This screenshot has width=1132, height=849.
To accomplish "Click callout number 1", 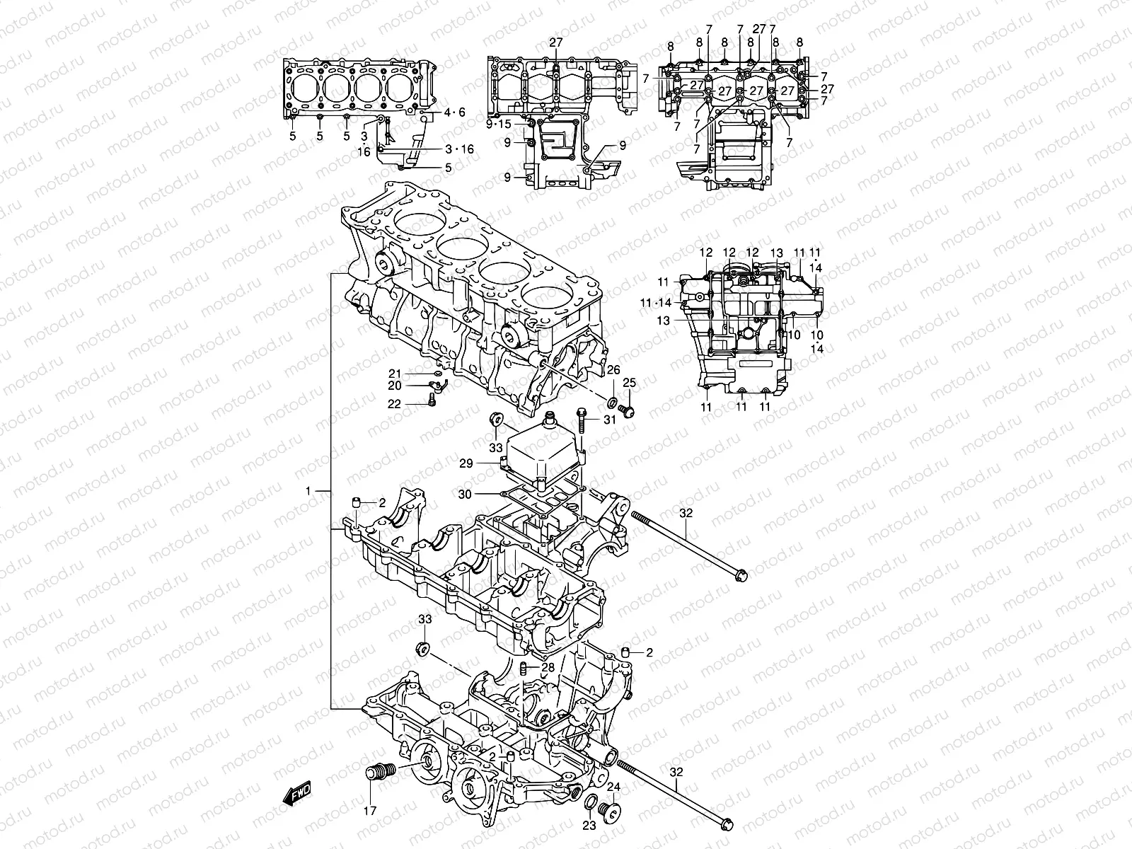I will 308,490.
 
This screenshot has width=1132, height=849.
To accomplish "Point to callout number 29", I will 485,463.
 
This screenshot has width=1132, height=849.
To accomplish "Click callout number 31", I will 610,420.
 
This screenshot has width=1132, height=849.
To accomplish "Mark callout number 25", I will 629,383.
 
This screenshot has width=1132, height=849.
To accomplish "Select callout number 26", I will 613,369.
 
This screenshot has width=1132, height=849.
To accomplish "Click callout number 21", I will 395,374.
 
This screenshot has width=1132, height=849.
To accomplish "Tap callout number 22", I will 395,404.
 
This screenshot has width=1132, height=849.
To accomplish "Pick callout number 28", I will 548,668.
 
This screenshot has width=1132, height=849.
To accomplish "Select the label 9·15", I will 499,125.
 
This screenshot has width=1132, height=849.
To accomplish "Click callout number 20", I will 395,386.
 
